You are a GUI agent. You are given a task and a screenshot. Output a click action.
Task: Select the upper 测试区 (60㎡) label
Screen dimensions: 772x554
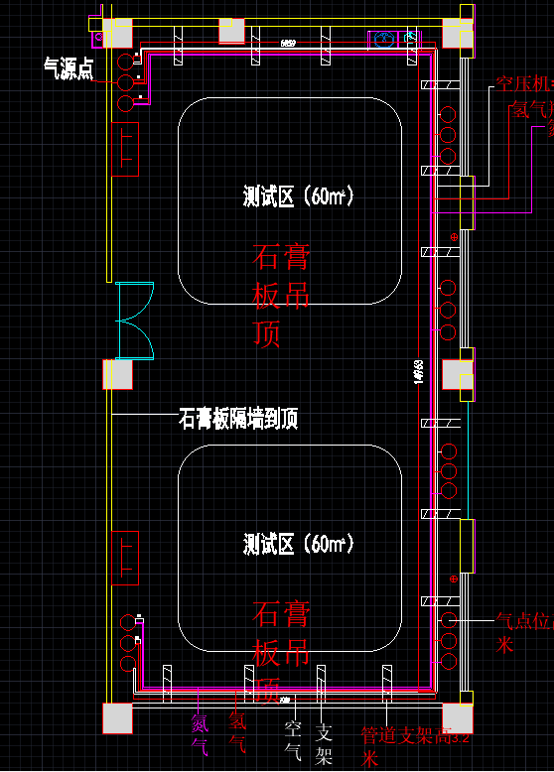click(x=299, y=196)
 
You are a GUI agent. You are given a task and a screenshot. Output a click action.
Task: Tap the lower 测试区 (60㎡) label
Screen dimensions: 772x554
click(x=299, y=544)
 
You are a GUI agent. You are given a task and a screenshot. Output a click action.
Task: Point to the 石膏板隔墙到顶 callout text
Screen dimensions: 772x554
click(x=238, y=419)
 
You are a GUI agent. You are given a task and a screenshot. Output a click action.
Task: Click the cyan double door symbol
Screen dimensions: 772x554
click(x=135, y=321)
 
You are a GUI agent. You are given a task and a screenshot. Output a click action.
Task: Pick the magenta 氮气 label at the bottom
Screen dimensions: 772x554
click(x=200, y=733)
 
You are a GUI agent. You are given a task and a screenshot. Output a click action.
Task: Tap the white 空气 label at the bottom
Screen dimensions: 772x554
click(x=293, y=741)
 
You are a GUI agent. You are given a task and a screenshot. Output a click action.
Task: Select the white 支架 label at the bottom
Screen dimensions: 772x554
click(x=324, y=745)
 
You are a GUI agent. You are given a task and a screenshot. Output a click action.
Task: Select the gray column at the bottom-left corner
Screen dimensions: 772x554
click(x=118, y=717)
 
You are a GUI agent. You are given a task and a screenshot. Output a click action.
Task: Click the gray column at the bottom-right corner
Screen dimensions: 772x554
click(x=458, y=717)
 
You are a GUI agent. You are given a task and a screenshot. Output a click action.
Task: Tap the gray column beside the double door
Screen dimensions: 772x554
click(x=118, y=374)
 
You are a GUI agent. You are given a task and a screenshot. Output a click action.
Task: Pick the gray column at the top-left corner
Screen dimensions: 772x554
click(x=117, y=33)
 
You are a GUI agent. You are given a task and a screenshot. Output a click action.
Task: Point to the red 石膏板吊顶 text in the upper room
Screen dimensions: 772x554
click(x=281, y=296)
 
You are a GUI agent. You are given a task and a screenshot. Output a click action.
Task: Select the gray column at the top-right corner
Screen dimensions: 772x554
click(x=458, y=33)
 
